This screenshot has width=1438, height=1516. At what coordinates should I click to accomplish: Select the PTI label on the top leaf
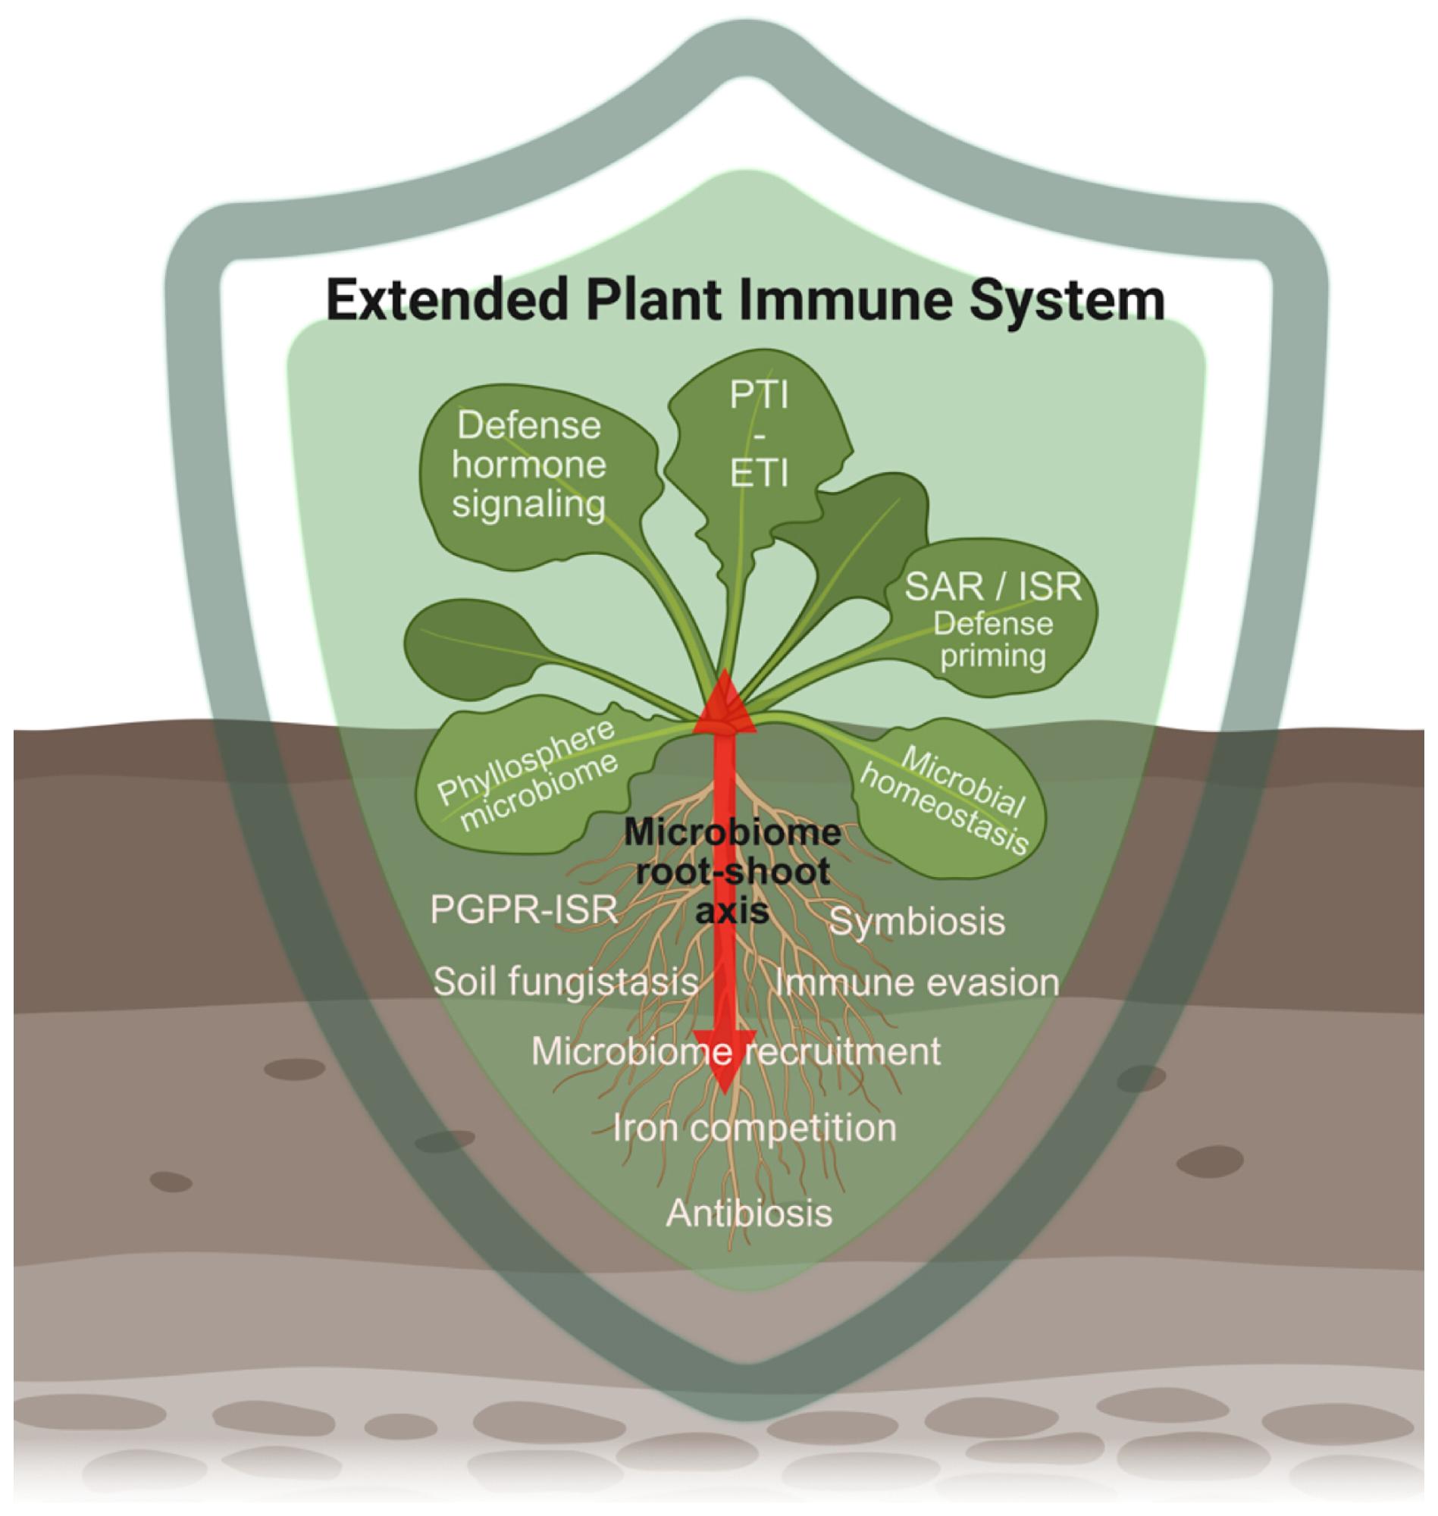tap(759, 396)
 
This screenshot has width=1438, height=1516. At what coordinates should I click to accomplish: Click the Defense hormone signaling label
tap(529, 465)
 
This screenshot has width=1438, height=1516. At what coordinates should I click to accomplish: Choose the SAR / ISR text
tap(992, 587)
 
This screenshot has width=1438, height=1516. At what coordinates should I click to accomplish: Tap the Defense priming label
tap(992, 640)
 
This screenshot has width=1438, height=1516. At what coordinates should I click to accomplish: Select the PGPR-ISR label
tap(525, 910)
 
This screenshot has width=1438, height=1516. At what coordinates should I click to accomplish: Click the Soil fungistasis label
tap(565, 982)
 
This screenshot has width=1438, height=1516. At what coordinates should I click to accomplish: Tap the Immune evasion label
tap(916, 982)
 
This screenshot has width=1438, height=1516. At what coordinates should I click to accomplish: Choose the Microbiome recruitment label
tap(736, 1051)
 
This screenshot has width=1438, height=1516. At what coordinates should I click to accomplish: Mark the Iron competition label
tap(754, 1127)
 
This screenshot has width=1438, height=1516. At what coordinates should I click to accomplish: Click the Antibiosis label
tap(749, 1213)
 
